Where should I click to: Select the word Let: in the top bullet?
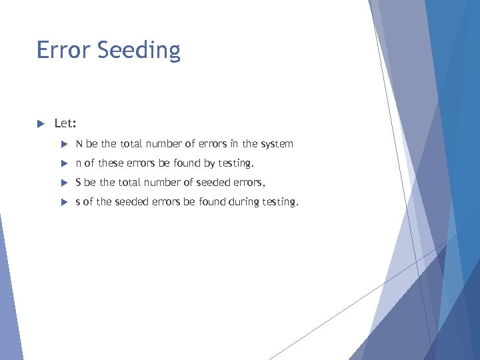tap(65, 123)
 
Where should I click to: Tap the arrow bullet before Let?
tap(40, 123)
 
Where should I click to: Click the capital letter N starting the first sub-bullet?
tap(79, 143)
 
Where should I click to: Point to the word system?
tap(277, 144)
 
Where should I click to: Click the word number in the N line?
tap(165, 143)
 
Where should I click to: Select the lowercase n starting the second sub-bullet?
tap(79, 163)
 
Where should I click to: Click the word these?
tap(111, 163)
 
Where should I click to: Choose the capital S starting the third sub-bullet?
tap(79, 182)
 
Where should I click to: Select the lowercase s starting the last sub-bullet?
tap(78, 202)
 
